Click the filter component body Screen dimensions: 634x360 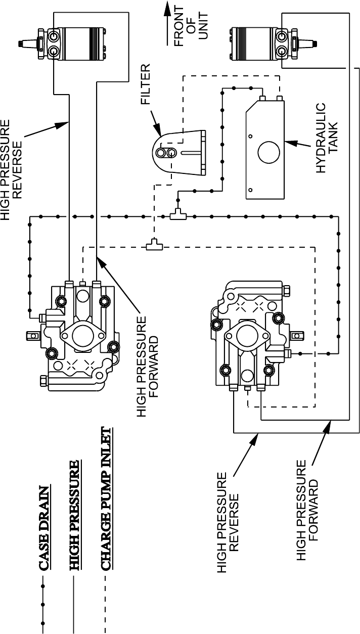(x=179, y=152)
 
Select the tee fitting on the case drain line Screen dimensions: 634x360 (x=177, y=216)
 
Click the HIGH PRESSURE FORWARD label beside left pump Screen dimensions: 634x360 (x=150, y=367)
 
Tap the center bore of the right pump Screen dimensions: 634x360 (x=247, y=334)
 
